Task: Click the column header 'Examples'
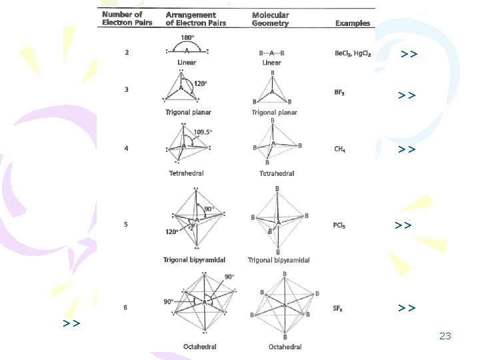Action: [x=353, y=23]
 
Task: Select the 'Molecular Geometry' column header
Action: [x=271, y=19]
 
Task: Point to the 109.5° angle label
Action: [x=203, y=131]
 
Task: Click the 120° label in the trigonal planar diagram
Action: [x=200, y=83]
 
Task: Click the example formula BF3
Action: [x=339, y=94]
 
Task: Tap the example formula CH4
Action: [x=340, y=149]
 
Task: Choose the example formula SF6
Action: [x=339, y=309]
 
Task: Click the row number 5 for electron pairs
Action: [x=125, y=225]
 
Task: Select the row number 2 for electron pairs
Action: [x=127, y=53]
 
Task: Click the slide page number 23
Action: [x=445, y=337]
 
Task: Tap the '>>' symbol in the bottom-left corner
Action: [x=72, y=323]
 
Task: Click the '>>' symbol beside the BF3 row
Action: [x=407, y=95]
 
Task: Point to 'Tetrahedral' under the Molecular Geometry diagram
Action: [x=277, y=173]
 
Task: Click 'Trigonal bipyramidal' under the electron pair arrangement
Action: [x=194, y=259]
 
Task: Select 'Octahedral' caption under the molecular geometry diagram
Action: [x=285, y=347]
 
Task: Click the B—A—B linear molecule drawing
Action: [x=272, y=53]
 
